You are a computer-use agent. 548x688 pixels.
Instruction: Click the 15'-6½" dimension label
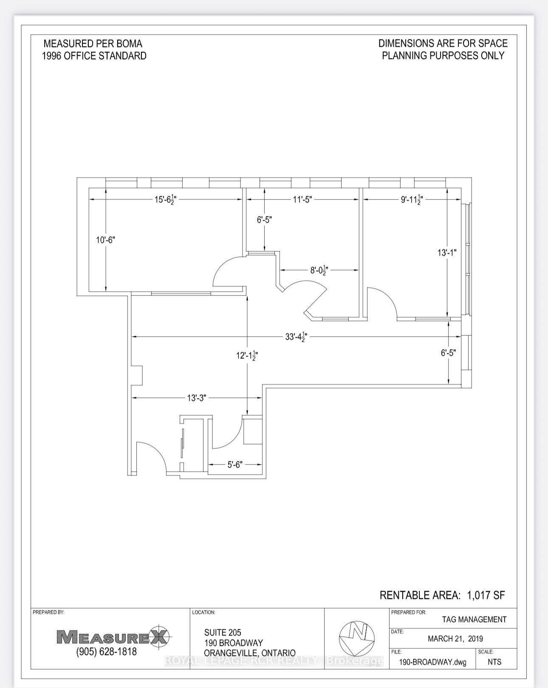(x=165, y=199)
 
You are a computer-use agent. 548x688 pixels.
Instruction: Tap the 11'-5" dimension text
(x=302, y=199)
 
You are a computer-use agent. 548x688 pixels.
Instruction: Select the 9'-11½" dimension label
(x=411, y=199)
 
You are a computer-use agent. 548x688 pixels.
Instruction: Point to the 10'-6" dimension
(x=105, y=240)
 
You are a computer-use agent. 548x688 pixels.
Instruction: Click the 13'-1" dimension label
(x=447, y=253)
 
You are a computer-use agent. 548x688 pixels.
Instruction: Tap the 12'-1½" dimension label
(x=247, y=355)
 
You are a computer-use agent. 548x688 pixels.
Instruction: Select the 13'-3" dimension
(x=196, y=398)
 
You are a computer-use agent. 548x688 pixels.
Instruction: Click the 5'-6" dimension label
(x=234, y=465)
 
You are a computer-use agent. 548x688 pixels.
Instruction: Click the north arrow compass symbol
(x=356, y=638)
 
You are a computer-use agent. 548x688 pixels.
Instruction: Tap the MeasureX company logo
(x=113, y=637)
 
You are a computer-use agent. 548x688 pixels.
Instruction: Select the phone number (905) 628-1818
(x=107, y=651)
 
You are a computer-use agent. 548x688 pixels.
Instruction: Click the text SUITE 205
(x=223, y=633)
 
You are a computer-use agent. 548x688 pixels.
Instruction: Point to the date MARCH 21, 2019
(x=455, y=639)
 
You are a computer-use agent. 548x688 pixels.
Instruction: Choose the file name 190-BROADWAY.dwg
(x=432, y=662)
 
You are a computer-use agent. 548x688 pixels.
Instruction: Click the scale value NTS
(x=494, y=662)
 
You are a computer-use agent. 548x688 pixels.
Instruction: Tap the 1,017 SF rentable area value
(x=486, y=595)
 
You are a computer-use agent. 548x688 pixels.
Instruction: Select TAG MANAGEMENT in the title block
(x=474, y=620)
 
